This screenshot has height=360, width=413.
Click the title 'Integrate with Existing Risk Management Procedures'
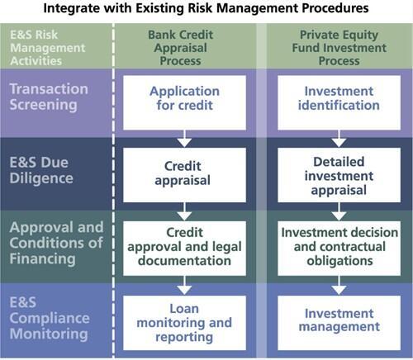[x=206, y=10]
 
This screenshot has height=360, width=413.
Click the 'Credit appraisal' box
[x=185, y=174]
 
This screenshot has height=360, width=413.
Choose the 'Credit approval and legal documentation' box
[x=185, y=246]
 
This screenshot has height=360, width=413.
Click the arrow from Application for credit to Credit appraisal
[x=185, y=138]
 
